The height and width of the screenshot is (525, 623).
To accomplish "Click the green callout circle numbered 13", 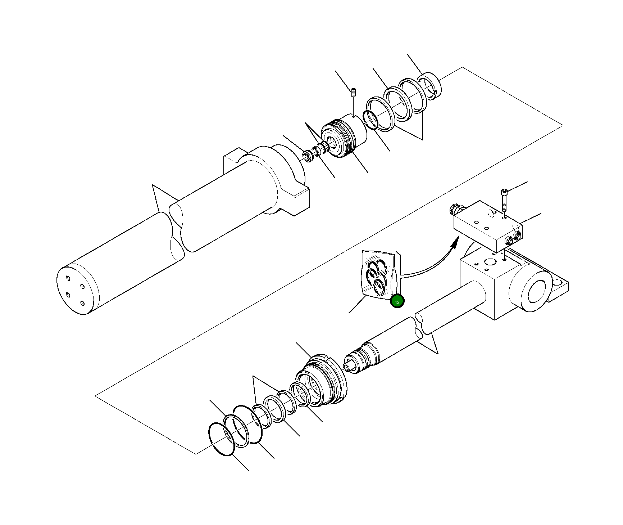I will click(x=397, y=302).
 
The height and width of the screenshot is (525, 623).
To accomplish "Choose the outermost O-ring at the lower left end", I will click(x=222, y=439).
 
